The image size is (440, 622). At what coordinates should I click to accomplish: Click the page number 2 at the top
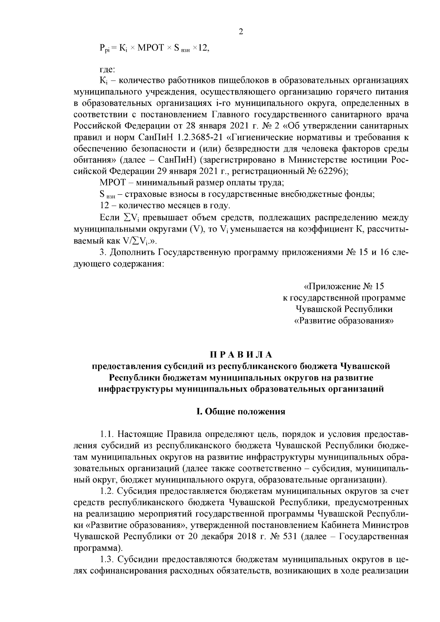tap(241, 32)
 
